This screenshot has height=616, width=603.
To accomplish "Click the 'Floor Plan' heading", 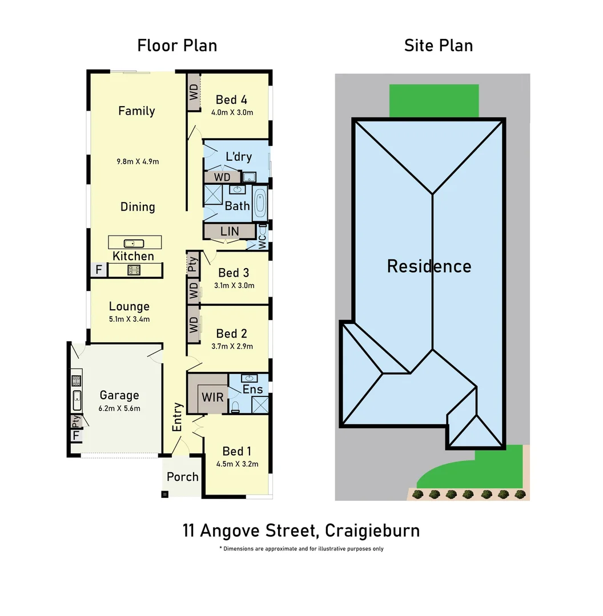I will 177,46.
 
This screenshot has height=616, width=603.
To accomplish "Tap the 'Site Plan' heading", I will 439,46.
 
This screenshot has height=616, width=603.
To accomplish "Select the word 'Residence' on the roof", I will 429,266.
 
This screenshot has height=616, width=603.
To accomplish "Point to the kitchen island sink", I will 130,243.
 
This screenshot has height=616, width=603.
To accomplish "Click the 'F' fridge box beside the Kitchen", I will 98,270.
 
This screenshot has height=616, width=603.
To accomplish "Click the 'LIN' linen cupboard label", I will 229,231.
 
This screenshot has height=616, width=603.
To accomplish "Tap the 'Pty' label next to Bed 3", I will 192,264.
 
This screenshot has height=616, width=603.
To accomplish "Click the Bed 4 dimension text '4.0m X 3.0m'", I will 232,112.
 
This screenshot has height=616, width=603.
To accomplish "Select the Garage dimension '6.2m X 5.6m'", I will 119,408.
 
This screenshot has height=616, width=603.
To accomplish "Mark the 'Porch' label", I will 183,477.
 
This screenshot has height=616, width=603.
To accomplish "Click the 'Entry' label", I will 177,417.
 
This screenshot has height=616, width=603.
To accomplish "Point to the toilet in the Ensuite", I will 235,407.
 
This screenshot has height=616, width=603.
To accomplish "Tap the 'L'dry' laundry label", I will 239,157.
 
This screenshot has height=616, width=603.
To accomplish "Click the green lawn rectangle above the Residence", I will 434,100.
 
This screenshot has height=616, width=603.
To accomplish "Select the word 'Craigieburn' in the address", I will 372,530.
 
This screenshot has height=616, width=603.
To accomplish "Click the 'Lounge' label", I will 129,306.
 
